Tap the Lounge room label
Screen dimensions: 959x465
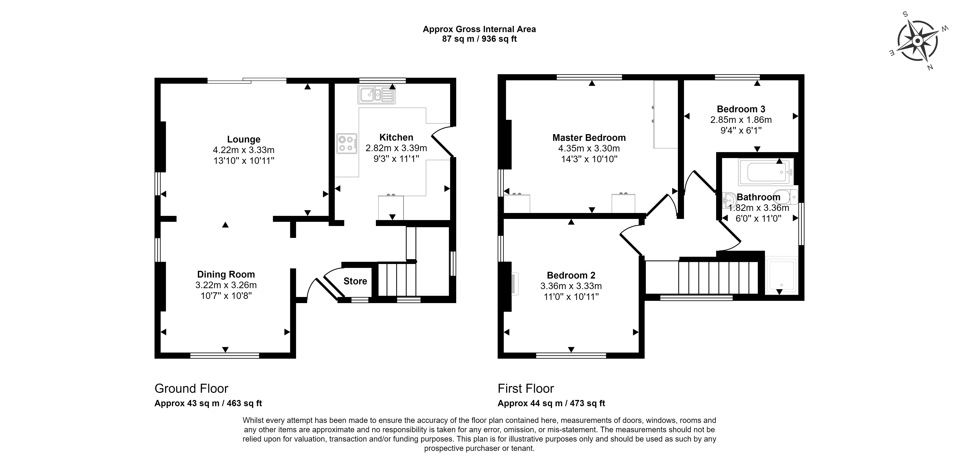click(x=244, y=139)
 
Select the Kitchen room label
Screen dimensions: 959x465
click(x=396, y=137)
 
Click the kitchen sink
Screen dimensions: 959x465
click(x=376, y=95)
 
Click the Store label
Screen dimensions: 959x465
click(x=355, y=281)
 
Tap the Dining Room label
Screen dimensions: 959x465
click(x=226, y=274)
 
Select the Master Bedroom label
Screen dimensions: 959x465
click(x=589, y=138)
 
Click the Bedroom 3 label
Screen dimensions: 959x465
click(x=741, y=109)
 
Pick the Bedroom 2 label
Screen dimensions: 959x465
click(x=571, y=275)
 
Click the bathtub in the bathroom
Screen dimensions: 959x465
click(x=766, y=172)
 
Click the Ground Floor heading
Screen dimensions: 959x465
click(x=191, y=389)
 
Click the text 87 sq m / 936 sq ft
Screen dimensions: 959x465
click(x=479, y=39)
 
